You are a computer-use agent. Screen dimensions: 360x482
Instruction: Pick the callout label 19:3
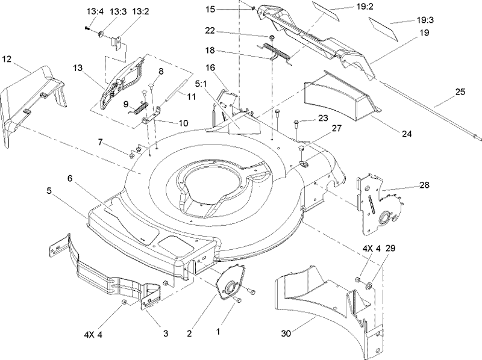pos(425,20)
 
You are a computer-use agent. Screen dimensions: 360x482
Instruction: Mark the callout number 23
pos(324,119)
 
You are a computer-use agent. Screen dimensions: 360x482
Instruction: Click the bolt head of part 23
pos(298,124)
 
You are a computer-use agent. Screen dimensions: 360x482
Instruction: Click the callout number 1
pos(219,331)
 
